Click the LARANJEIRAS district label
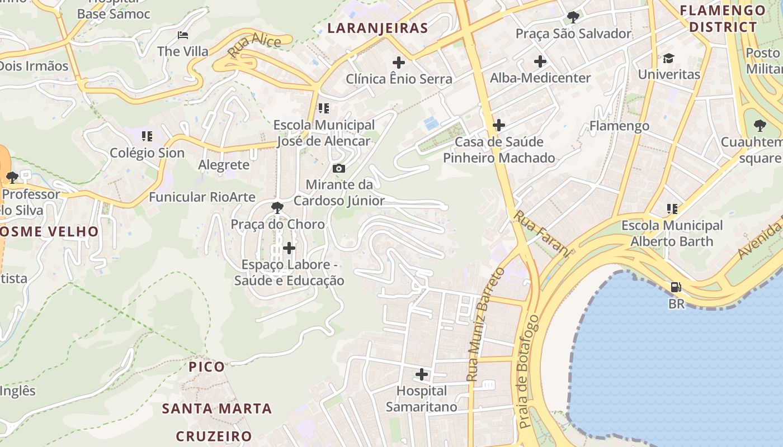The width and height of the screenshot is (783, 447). tap(378, 28)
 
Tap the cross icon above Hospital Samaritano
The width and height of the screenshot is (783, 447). tap(422, 374)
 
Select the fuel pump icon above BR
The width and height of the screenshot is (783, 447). tap(676, 288)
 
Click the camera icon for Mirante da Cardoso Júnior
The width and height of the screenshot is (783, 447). tap(338, 168)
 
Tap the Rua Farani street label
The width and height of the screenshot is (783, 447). tap(541, 234)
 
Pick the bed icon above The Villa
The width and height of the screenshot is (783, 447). tap(183, 35)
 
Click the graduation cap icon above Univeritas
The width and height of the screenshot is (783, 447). tap(668, 58)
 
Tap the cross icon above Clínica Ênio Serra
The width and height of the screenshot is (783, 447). tap(399, 63)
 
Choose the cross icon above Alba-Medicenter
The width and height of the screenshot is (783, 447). tap(540, 61)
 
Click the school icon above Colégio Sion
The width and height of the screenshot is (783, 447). tap(147, 136)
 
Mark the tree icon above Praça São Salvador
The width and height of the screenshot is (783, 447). tap(573, 17)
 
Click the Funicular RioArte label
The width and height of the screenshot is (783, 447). tap(202, 197)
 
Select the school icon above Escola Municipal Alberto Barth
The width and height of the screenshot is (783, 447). tap(672, 209)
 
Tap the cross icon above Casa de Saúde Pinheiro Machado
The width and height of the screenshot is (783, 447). tap(499, 126)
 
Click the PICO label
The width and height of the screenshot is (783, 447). tap(207, 367)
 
